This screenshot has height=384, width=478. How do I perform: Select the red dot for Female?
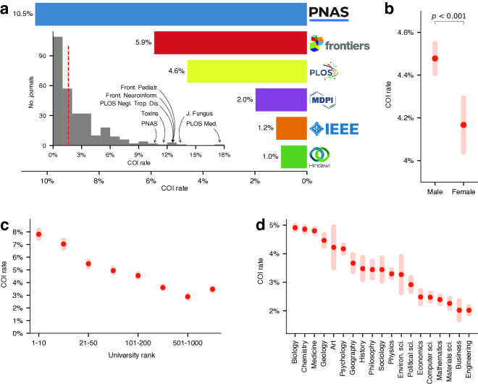pos(464,125)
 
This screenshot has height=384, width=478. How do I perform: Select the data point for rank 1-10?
pos(39,234)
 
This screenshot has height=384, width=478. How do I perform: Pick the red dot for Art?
pos(334,247)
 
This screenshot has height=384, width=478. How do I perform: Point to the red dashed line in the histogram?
pos(68,94)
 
